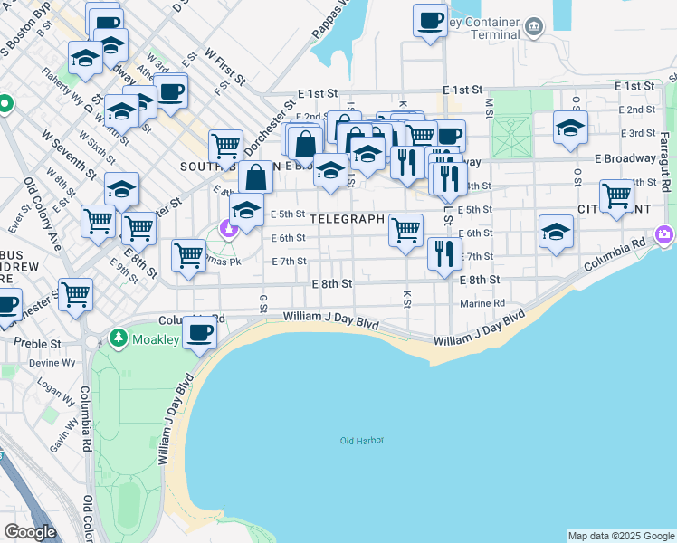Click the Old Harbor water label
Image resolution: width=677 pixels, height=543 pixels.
[361, 441]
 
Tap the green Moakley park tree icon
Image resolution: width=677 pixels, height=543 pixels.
[118, 338]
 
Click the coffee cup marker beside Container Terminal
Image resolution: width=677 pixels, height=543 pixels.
[430, 20]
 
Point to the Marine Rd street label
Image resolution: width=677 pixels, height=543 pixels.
[486, 303]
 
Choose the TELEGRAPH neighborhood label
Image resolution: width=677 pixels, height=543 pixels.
[348, 219]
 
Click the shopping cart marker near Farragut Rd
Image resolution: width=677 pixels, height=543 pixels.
[616, 195]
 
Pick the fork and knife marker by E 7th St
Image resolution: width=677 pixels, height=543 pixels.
[443, 253]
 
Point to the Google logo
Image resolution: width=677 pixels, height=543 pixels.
[30, 532]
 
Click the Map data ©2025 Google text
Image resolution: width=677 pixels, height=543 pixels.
[620, 536]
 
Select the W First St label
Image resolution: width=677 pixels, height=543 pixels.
[225, 66]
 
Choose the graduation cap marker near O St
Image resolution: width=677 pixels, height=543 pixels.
[570, 129]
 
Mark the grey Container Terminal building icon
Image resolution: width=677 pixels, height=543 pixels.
[534, 25]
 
